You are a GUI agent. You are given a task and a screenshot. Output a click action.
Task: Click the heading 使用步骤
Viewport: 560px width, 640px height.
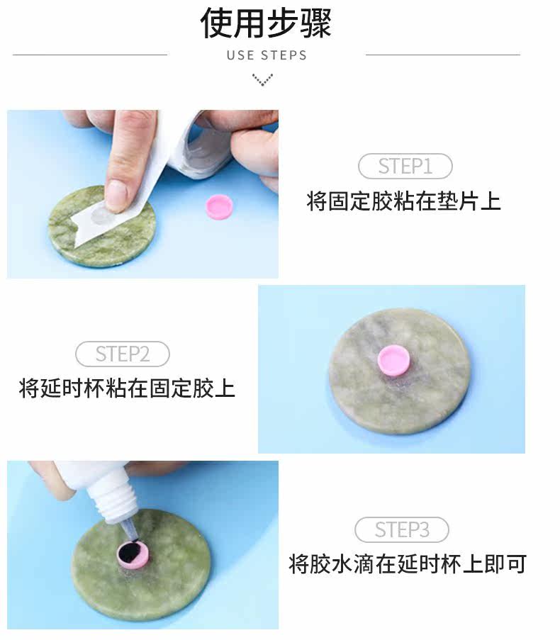(266, 23)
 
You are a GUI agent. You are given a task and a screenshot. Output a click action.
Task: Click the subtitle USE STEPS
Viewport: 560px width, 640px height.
(267, 55)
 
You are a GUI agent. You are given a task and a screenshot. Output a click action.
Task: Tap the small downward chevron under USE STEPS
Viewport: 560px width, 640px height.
(262, 79)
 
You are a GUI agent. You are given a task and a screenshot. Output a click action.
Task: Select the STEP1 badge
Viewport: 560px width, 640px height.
(405, 166)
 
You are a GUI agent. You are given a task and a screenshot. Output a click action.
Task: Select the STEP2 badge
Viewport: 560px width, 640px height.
(123, 354)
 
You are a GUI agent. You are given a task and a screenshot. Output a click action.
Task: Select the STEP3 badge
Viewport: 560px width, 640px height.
(402, 530)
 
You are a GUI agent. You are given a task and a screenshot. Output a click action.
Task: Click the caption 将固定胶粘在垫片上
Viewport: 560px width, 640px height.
(403, 201)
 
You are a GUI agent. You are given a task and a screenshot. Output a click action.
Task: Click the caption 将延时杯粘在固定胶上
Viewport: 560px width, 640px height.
(127, 388)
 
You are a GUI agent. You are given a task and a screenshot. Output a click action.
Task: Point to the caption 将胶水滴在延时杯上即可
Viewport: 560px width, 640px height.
(408, 563)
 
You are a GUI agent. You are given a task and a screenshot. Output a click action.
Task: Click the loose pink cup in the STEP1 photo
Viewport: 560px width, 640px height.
(219, 206)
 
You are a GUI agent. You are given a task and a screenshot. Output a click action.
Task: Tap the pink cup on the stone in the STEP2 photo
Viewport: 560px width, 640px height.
(393, 360)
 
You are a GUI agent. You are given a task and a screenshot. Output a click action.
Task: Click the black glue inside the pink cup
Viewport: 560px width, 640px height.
(131, 552)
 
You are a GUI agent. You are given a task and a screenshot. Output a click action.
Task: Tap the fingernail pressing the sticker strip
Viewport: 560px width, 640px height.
(116, 195)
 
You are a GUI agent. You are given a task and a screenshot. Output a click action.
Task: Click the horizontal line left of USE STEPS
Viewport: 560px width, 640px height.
(90, 55)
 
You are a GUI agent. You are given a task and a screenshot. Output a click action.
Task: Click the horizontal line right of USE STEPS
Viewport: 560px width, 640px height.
(443, 55)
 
